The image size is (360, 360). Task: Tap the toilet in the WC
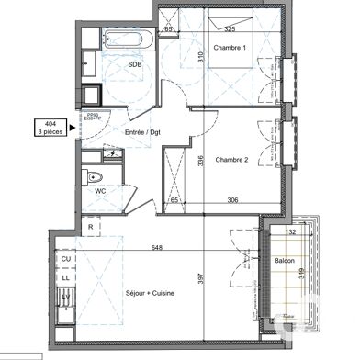coord(95,177)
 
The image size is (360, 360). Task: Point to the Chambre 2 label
coord(232,160)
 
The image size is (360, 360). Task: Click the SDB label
coord(134,65)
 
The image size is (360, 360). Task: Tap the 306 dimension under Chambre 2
coord(232,199)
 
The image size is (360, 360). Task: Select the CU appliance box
coord(66,260)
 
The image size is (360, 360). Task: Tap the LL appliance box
coord(66,275)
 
